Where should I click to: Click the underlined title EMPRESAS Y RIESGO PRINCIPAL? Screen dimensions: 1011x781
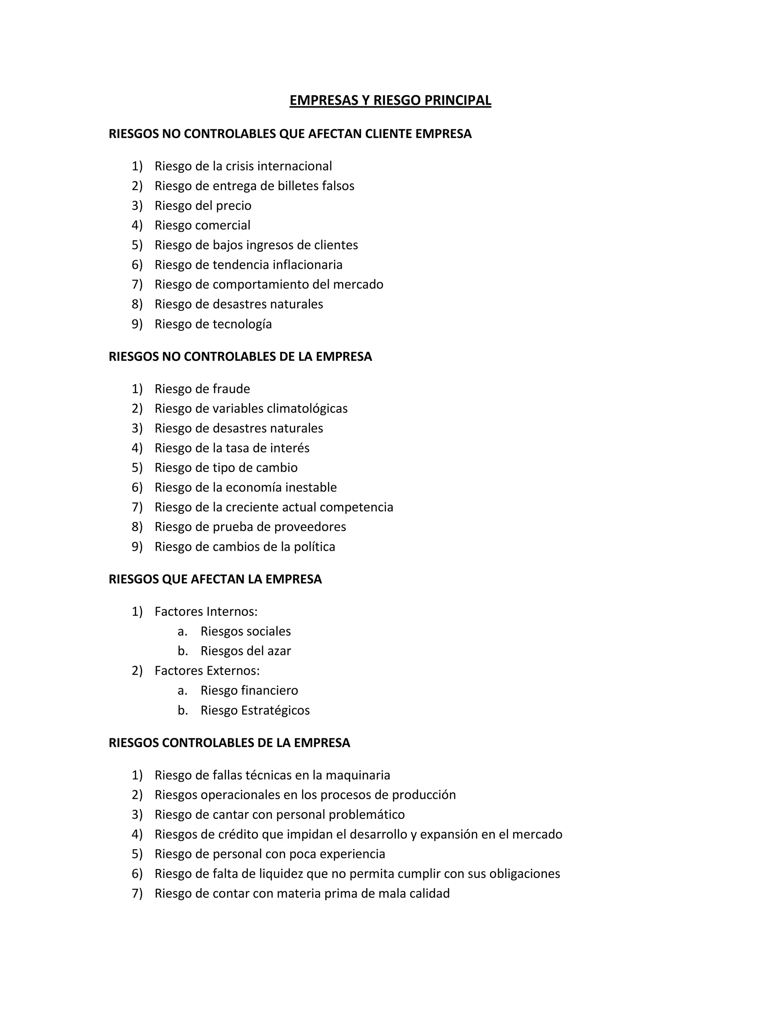click(390, 100)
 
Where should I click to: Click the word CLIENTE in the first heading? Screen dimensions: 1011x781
click(388, 134)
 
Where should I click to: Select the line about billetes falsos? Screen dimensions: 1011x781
click(254, 186)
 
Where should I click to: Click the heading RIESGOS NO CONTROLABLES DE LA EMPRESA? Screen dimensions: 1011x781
click(240, 356)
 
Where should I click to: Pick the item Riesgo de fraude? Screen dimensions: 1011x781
click(202, 389)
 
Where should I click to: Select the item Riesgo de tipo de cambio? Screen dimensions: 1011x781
click(226, 468)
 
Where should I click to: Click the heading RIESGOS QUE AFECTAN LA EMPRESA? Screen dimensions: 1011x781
click(215, 579)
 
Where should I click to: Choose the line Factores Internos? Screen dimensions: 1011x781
click(206, 612)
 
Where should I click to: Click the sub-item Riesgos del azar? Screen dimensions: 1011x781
click(246, 651)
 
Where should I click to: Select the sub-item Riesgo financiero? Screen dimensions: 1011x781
click(249, 690)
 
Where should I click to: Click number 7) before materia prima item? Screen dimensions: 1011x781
click(137, 893)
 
